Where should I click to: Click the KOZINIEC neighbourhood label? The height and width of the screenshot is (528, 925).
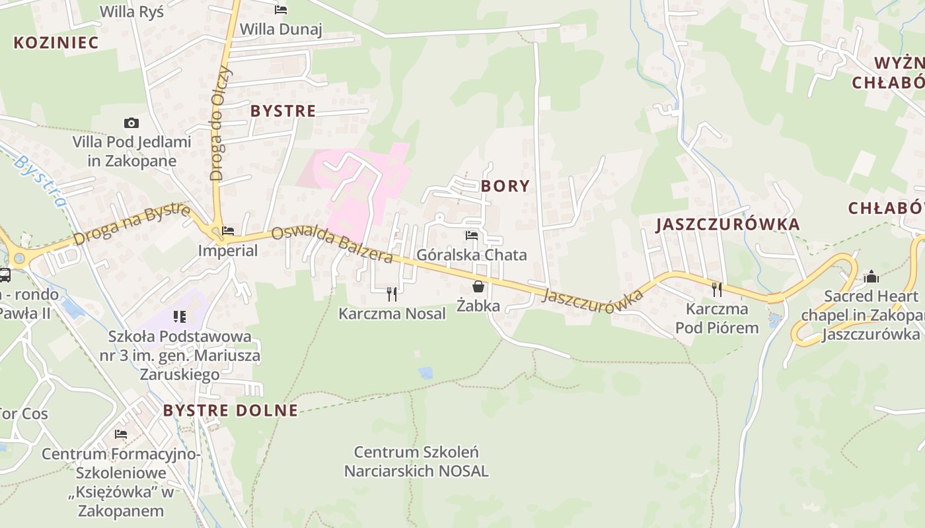coord(56,43)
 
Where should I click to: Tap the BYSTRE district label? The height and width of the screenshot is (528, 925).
coord(283,111)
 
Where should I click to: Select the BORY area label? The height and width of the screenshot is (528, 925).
coord(505,186)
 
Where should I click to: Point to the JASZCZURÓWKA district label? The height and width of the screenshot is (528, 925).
coord(727,224)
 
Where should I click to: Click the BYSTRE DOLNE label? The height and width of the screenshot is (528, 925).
coord(231,411)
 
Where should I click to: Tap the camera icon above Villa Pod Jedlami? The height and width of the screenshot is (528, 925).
coord(131,123)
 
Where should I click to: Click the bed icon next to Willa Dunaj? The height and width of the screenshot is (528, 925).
coord(281,10)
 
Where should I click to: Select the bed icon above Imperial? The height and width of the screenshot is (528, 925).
coord(228,231)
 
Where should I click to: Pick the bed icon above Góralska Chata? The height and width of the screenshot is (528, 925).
coord(472,235)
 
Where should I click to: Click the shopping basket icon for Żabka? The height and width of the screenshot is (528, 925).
coord(478,286)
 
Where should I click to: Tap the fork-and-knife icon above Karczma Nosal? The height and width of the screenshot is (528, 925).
coord(392,294)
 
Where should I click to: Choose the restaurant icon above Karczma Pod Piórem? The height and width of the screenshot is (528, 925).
coord(717,289)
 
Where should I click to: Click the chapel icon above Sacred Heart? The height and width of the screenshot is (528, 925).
coord(871,277)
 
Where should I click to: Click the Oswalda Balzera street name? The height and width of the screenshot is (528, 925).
coord(332,244)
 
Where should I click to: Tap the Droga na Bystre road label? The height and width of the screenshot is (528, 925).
coord(132,224)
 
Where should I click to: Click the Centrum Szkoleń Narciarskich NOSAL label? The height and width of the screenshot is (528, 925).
coord(416,462)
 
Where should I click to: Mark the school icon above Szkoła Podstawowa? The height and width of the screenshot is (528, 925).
coord(180,317)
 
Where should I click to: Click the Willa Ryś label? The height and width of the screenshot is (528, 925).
coord(131,11)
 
